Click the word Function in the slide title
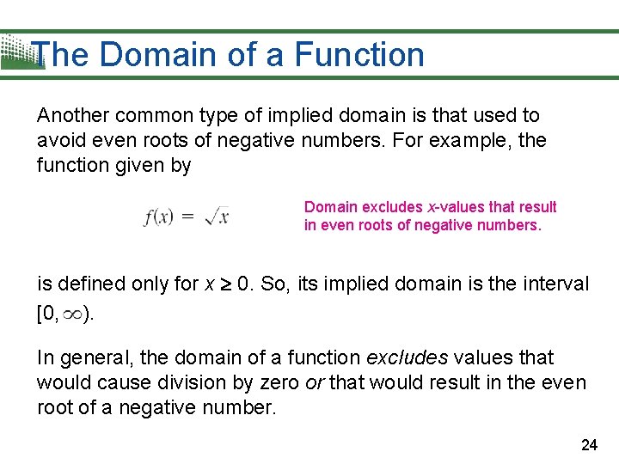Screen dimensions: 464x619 [359, 55]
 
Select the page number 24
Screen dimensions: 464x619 [589, 444]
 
